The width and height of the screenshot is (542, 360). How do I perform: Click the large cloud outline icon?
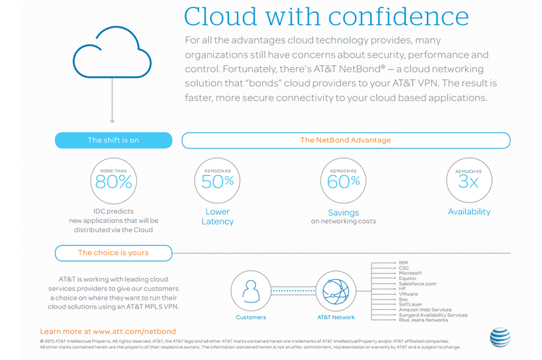(112, 54)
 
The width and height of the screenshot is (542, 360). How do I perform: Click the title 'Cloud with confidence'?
(326, 16)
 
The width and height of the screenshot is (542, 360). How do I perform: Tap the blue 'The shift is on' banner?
(113, 140)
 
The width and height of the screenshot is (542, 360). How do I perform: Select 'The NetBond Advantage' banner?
(346, 140)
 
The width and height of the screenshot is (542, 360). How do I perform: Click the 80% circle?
(113, 181)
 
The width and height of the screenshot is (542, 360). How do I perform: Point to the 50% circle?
(217, 181)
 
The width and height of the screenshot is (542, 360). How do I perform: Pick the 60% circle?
(343, 181)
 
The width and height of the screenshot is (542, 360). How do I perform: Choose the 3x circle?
(469, 181)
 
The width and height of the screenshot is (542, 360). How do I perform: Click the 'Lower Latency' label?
(217, 217)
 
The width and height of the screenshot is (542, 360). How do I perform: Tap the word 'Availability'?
(469, 212)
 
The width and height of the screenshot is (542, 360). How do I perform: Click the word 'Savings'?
(343, 212)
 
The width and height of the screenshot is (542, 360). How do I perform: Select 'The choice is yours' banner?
(113, 253)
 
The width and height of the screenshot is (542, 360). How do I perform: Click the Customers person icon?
(251, 290)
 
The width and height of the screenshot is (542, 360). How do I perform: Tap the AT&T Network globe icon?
(336, 290)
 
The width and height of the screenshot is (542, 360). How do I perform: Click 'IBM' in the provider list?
(403, 262)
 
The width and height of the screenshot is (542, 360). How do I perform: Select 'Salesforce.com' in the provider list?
(417, 284)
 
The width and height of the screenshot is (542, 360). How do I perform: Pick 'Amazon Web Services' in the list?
(425, 310)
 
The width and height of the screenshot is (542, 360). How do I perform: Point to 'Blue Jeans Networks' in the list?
(423, 320)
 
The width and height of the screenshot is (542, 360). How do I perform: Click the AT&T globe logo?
(499, 337)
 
